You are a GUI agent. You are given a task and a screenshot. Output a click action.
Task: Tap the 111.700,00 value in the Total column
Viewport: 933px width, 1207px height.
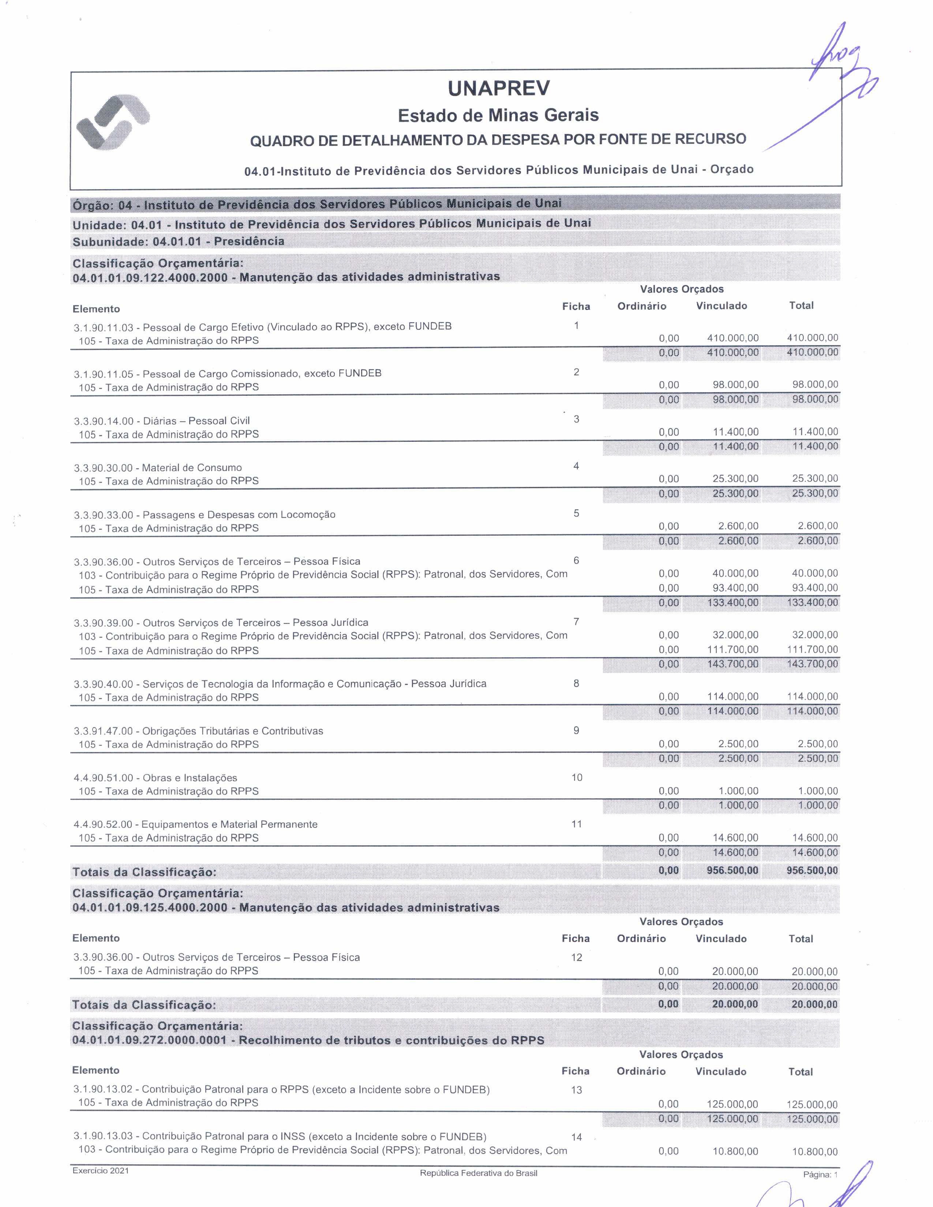pos(812,649)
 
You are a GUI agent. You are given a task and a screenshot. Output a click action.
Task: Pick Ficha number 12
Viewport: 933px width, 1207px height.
pos(577,957)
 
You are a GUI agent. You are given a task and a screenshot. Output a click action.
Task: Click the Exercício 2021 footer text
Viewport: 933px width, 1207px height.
pos(101,1170)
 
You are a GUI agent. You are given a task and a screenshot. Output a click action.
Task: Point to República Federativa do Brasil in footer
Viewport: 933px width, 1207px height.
pos(478,1173)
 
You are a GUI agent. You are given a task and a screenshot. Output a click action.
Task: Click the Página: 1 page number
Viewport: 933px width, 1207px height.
pos(820,1174)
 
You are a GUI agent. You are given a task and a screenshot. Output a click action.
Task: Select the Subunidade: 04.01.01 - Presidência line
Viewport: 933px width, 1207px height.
pos(179,241)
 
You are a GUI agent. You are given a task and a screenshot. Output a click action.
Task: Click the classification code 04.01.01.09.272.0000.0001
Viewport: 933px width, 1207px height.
pos(149,1040)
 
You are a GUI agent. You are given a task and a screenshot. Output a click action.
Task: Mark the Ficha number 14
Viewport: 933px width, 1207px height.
pos(577,1137)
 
